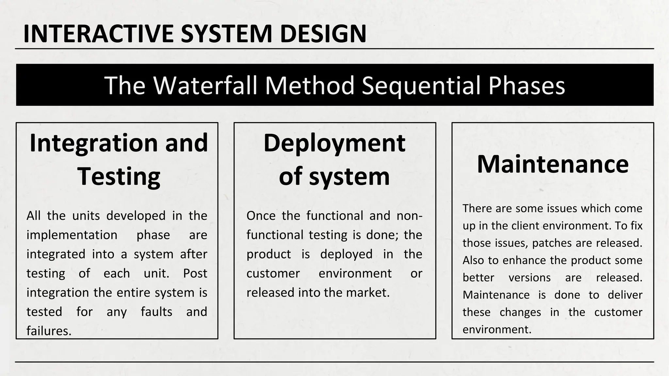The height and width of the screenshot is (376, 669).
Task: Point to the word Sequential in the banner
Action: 421,85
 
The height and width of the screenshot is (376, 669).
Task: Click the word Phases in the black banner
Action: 527,85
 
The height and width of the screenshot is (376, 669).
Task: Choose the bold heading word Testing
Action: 119,176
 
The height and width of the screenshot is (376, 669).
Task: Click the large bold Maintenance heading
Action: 552,164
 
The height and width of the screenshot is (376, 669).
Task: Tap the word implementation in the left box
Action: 72,235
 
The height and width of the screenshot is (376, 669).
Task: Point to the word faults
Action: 156,312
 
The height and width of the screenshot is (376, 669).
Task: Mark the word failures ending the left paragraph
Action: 49,331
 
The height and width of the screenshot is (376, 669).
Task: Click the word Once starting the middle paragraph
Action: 261,216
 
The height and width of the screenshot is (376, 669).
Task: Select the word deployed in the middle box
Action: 346,254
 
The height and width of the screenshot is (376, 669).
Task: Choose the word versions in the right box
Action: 529,278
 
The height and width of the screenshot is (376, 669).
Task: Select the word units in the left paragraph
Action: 86,216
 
